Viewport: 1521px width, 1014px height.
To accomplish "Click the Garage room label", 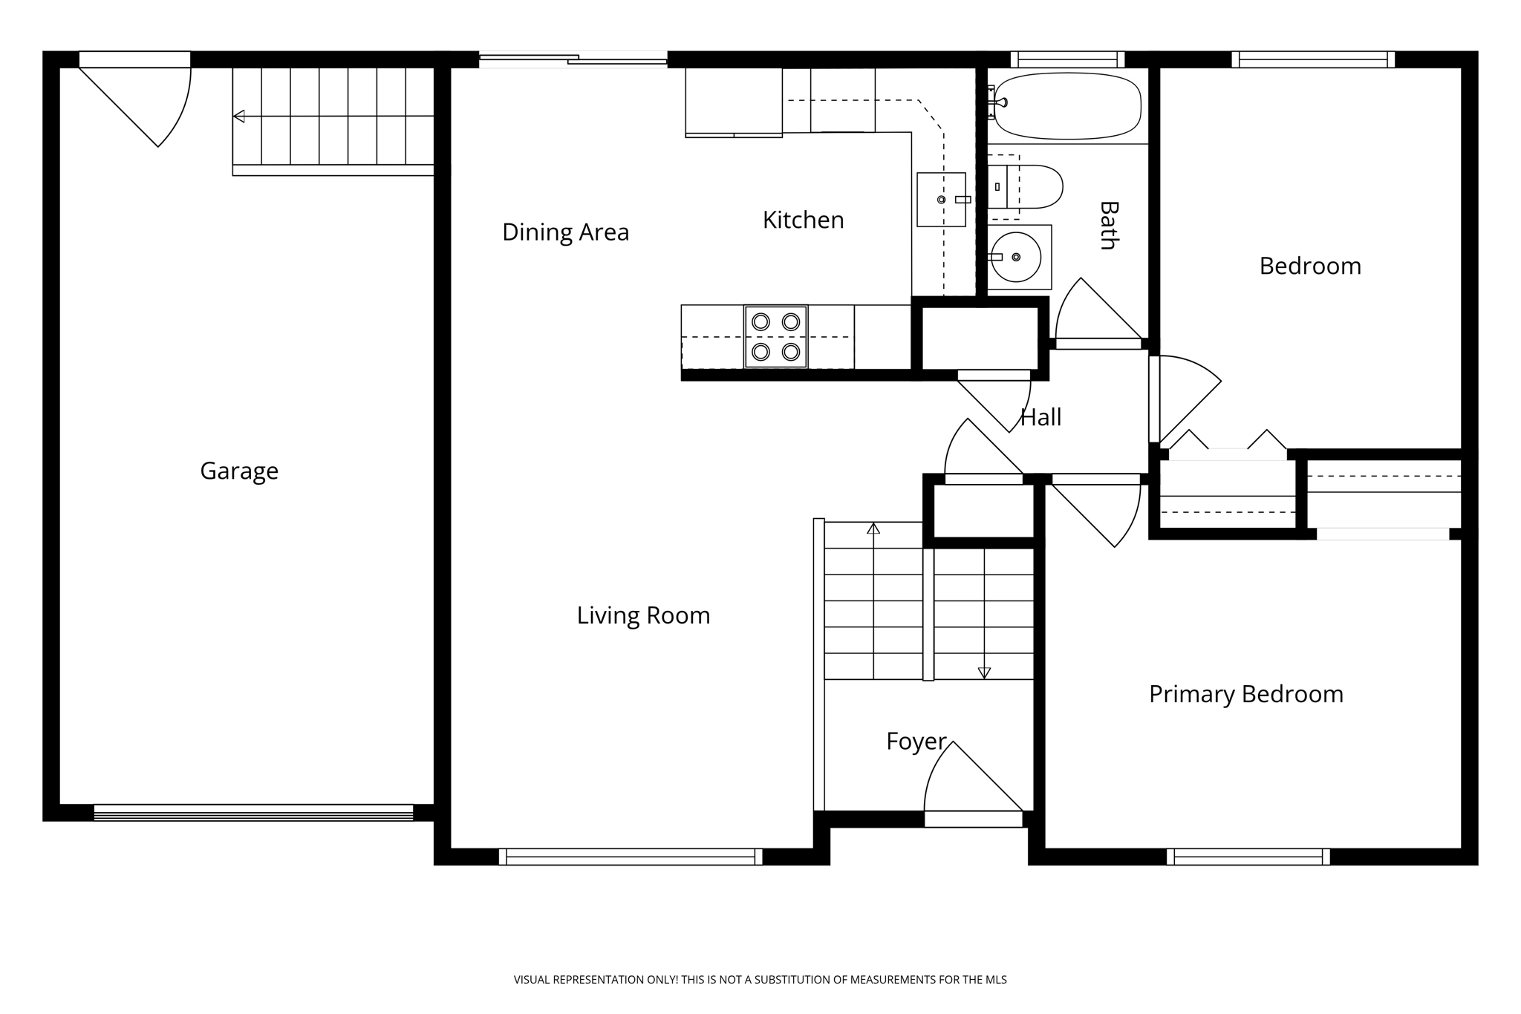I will point(239,471).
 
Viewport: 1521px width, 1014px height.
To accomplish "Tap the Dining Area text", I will point(565,232).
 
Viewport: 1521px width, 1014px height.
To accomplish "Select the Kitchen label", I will point(803,220).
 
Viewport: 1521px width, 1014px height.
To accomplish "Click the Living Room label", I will point(643,615).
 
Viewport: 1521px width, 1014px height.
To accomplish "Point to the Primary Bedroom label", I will point(1245,694).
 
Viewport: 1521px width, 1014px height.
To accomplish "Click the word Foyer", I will point(916,741).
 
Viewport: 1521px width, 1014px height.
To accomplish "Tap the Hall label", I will point(1040,417).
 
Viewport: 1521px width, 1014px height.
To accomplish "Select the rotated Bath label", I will point(1108,225).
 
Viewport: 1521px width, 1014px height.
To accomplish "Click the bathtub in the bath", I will point(1067,106).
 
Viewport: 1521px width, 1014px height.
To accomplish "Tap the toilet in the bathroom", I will point(1029,187).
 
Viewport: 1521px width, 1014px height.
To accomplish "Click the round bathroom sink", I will point(1016,257).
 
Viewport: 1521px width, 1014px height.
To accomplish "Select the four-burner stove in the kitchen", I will point(775,336).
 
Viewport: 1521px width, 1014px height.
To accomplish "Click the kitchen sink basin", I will point(940,200).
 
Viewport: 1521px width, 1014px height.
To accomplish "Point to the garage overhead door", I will point(253,812).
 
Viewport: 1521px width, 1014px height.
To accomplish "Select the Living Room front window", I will point(630,856).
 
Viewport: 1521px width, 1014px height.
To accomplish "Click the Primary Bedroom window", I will point(1248,856).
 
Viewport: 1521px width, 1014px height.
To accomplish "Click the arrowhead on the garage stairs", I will point(239,117).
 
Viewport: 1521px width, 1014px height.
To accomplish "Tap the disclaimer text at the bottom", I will point(760,980).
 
